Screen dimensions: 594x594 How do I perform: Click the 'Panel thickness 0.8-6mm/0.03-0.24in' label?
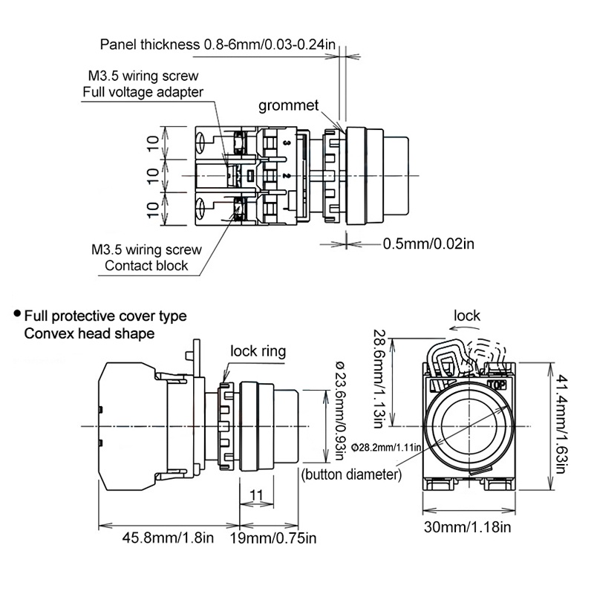coord(218,44)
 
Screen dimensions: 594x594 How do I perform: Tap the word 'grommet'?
coord(288,105)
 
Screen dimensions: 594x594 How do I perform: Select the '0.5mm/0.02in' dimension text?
coord(428,243)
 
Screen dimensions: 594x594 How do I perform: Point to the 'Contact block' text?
coord(146,265)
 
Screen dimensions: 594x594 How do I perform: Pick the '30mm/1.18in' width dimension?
coord(467,528)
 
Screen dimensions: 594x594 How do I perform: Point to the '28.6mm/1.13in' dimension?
coord(379,379)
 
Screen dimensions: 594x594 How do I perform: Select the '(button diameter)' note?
coord(352,474)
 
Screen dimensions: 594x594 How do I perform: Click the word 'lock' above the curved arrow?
coord(467,316)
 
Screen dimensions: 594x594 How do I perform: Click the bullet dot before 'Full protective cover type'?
coord(16,315)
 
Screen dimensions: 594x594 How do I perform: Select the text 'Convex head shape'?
coord(89,333)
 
